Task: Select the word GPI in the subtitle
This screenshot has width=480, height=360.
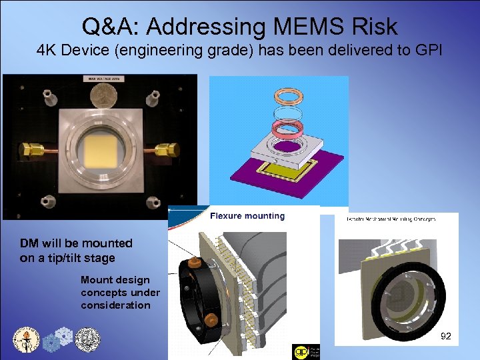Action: coord(426,51)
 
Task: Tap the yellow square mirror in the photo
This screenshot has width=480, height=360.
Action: coord(101,147)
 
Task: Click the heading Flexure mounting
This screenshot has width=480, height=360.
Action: coord(247,216)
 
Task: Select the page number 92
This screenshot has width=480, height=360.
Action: coord(446,337)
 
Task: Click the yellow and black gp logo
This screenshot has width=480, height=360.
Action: coord(301,351)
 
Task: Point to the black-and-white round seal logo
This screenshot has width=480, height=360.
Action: coord(87,339)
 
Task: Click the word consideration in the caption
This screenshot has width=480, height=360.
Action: coord(116,305)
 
